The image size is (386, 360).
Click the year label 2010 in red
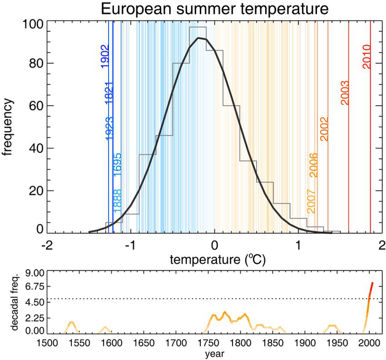pyautogui.click(x=367, y=56)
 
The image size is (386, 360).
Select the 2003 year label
pyautogui.click(x=345, y=93)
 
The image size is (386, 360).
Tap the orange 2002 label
pyautogui.click(x=324, y=129)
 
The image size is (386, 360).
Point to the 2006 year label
pyautogui.click(x=313, y=165)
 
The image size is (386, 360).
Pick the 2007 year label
pyautogui.click(x=311, y=201)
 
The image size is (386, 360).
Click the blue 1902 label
pyautogui.click(x=104, y=56)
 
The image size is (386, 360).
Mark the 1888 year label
pyautogui.click(x=117, y=201)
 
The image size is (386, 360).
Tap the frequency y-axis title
pyautogui.click(x=7, y=127)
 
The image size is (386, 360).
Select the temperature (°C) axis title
pyautogui.click(x=218, y=260)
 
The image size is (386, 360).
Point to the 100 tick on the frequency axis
pyautogui.click(x=33, y=24)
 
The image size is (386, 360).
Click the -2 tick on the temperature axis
pyautogui.click(x=47, y=246)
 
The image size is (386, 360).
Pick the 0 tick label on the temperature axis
pyautogui.click(x=214, y=246)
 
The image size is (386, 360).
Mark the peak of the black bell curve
pyautogui.click(x=198, y=38)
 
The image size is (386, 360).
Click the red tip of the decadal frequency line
pyautogui.click(x=372, y=283)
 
